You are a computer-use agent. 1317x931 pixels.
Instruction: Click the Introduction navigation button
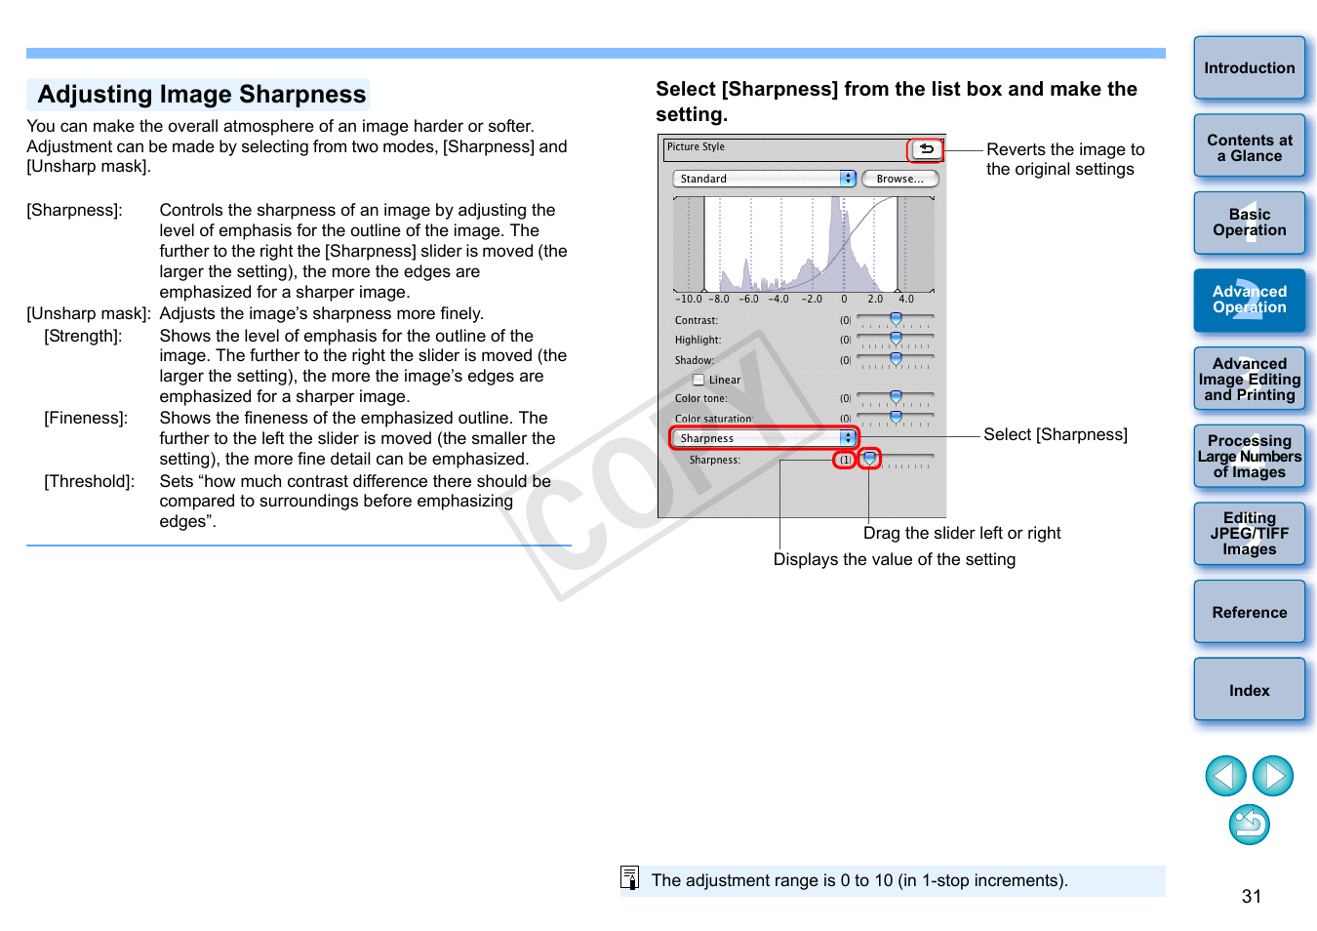click(1249, 68)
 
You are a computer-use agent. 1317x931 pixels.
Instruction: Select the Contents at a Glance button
click(1249, 147)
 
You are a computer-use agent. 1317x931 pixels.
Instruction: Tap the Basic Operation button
click(1249, 223)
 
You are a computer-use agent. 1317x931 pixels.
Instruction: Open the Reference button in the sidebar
click(1249, 612)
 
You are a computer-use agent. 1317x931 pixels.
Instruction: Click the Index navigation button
click(1249, 690)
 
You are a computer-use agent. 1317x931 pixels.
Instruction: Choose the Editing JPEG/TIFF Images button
click(1249, 534)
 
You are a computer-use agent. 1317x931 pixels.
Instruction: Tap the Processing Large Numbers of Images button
click(1249, 457)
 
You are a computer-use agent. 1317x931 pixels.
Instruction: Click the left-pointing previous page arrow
click(1225, 776)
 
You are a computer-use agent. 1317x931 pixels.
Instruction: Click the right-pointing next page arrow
click(1273, 776)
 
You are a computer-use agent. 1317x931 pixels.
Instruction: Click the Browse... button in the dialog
click(899, 179)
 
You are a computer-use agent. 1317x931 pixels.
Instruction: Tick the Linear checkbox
click(698, 380)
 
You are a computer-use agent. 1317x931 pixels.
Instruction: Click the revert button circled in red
click(926, 149)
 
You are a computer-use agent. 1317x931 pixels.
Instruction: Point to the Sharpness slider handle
click(870, 458)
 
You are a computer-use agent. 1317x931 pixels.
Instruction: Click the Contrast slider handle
click(896, 319)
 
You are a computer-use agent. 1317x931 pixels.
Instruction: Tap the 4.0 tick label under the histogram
click(906, 300)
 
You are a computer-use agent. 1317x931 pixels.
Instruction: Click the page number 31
click(1252, 896)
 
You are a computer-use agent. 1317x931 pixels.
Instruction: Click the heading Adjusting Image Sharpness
click(201, 95)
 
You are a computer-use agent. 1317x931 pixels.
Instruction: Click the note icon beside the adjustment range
click(630, 878)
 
